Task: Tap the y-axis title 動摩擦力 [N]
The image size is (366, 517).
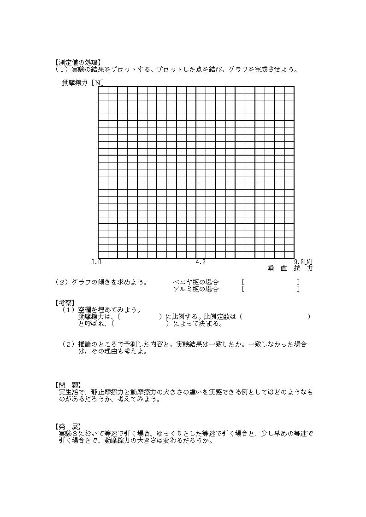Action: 83,83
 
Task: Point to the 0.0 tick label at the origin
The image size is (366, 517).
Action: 96,262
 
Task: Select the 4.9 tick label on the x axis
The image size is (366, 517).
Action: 200,262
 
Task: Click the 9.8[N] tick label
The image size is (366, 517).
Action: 303,262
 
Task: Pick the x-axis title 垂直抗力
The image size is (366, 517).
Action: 290,268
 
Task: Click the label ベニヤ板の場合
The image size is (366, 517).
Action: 195,282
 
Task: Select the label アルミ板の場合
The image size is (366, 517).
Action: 195,289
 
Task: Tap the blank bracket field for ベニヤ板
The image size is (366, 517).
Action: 271,282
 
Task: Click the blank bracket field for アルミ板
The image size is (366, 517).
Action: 271,289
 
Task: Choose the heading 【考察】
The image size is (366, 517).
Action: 65,302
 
